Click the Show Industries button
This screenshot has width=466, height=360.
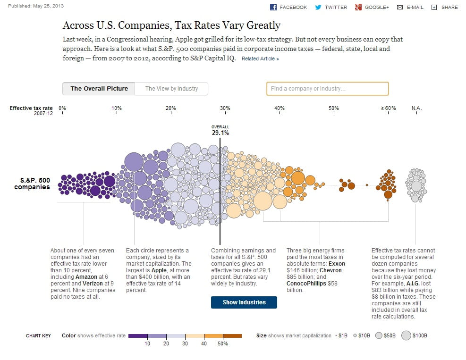tap(244, 302)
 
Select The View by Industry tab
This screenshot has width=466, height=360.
tap(171, 89)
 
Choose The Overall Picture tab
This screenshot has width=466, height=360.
tap(99, 89)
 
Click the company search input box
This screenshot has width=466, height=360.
tap(327, 89)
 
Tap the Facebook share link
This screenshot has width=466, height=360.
tap(288, 7)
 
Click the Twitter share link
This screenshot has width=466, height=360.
tap(331, 7)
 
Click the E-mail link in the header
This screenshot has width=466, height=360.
tap(410, 7)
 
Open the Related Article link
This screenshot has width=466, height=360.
tap(260, 59)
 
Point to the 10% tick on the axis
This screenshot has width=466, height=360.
tap(117, 109)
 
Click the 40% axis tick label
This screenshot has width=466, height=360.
tap(280, 109)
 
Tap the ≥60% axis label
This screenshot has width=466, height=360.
tap(388, 109)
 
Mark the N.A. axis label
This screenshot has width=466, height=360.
tap(416, 109)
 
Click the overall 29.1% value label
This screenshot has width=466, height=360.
tap(220, 133)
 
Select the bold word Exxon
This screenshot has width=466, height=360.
tap(337, 264)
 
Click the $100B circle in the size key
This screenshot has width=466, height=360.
tap(406, 336)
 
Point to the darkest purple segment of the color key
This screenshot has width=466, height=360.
tap(137, 336)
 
